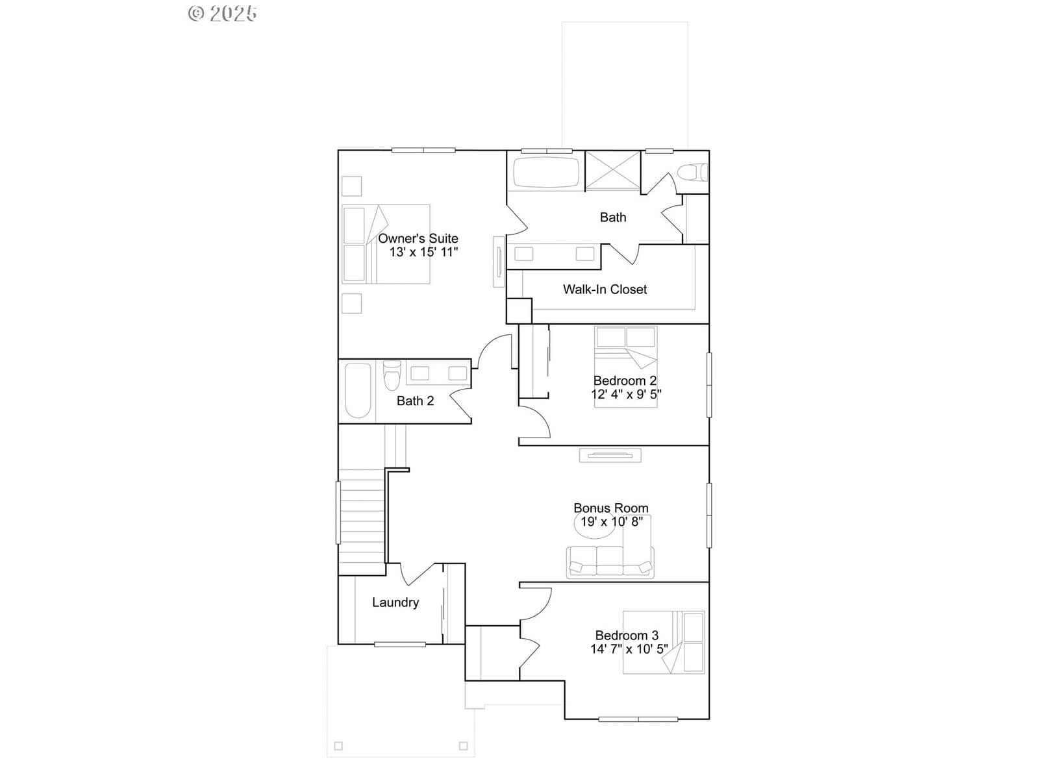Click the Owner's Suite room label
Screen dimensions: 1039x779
(418, 238)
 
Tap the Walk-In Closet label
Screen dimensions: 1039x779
(605, 289)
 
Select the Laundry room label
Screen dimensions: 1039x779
(395, 602)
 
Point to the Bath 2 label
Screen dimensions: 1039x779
(415, 401)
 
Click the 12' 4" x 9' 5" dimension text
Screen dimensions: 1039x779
(626, 394)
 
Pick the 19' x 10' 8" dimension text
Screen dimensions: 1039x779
(612, 522)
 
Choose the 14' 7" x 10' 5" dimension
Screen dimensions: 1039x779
(629, 649)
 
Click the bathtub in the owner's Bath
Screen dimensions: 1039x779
(546, 172)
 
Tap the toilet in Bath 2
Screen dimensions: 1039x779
(392, 375)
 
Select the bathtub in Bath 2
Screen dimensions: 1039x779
(358, 391)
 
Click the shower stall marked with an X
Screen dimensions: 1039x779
(613, 170)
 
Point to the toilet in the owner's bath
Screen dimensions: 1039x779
(692, 172)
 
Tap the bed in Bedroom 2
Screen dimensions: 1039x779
(626, 367)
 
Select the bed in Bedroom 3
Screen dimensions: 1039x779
(664, 642)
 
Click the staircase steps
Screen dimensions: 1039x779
(362, 522)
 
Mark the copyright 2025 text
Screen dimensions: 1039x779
(223, 13)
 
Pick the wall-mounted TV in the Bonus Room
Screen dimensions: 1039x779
(610, 455)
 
